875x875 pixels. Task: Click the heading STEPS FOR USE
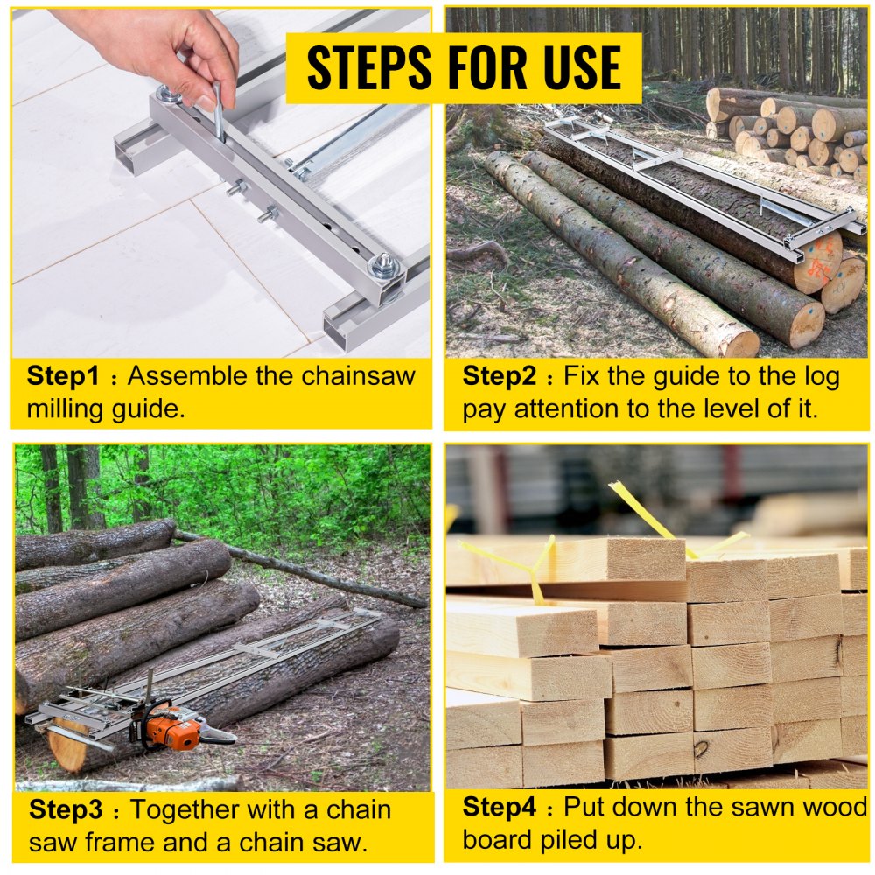(464, 67)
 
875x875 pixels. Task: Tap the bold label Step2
(496, 377)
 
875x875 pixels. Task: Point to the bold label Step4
(497, 806)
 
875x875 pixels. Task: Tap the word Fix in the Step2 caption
(581, 377)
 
